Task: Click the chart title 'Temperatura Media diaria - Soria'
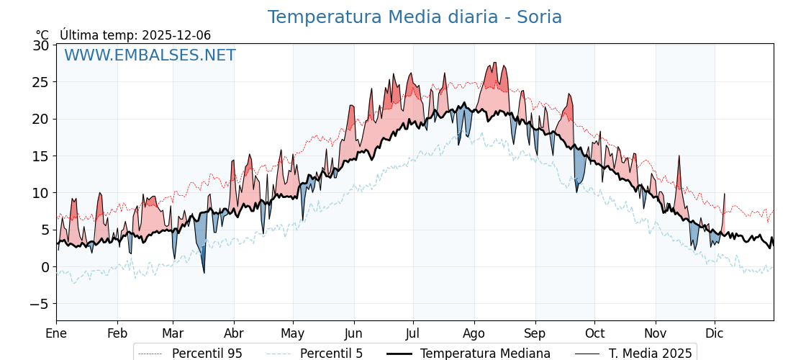(415, 17)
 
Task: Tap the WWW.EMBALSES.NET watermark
(150, 55)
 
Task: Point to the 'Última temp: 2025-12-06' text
(135, 35)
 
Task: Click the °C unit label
(42, 35)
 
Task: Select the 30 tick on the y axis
(41, 45)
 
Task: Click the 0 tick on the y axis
(45, 267)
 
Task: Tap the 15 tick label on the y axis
(41, 156)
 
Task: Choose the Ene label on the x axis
(56, 333)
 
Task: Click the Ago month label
(474, 333)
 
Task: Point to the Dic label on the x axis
(715, 333)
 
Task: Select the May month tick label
(293, 333)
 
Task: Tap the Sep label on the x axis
(535, 333)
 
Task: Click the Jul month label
(413, 333)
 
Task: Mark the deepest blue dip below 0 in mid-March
(204, 271)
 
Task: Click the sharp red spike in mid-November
(678, 158)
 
